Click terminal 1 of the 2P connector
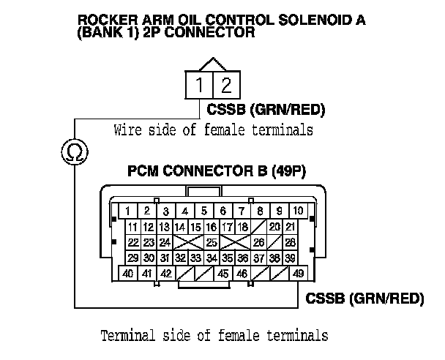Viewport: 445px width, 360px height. click(200, 86)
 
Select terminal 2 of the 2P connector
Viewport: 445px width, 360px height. click(225, 86)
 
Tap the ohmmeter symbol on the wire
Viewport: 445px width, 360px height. click(75, 151)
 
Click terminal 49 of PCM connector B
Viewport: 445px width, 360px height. click(298, 274)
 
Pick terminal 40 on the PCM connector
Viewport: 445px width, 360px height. click(127, 274)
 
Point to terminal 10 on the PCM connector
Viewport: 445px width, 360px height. click(298, 211)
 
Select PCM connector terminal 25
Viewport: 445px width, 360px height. click(212, 242)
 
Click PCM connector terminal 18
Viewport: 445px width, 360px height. click(243, 227)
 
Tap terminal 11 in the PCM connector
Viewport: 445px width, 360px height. click(133, 227)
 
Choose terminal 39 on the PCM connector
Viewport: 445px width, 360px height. click(291, 258)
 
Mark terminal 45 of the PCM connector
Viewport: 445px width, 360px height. click(223, 274)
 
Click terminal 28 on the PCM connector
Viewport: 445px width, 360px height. click(291, 242)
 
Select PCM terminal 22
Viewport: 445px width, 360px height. click(133, 242)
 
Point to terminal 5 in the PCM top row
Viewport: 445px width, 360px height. click(204, 211)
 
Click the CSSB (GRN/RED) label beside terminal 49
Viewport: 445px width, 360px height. click(365, 299)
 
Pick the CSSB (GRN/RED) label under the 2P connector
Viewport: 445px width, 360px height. click(266, 110)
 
